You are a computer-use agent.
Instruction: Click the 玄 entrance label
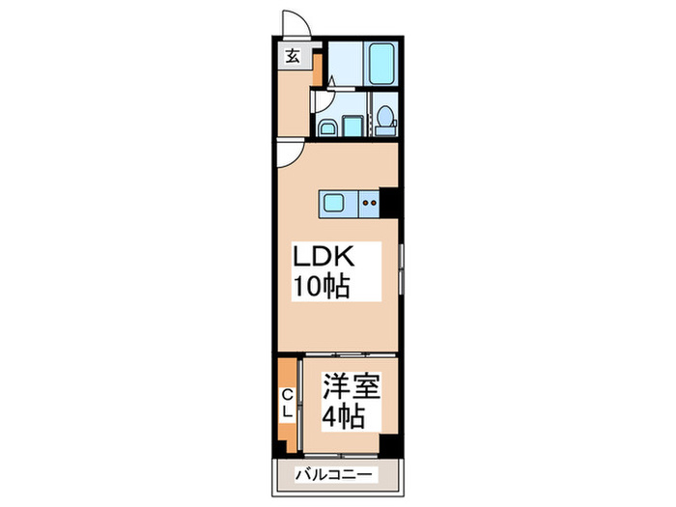point(291,56)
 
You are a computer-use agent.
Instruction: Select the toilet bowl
point(384,119)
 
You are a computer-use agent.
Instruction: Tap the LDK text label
point(326,259)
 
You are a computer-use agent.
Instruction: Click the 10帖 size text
point(321,287)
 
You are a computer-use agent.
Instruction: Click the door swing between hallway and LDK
point(287,154)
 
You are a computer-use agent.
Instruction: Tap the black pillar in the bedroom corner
point(389,446)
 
